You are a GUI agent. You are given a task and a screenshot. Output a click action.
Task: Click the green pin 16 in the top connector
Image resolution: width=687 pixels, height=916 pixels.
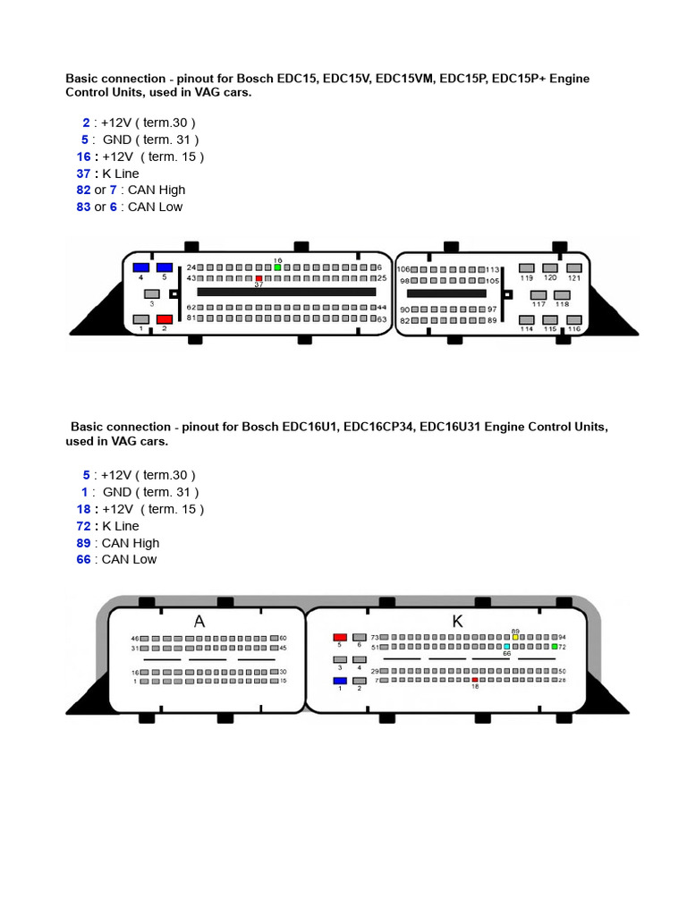pos(277,267)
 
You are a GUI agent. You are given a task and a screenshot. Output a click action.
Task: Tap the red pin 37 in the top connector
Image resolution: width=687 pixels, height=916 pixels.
pos(259,278)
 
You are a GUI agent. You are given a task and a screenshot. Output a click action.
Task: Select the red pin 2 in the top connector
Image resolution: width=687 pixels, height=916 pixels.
pos(165,319)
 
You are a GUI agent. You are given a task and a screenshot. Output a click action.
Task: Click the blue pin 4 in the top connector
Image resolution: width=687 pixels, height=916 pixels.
pos(140,267)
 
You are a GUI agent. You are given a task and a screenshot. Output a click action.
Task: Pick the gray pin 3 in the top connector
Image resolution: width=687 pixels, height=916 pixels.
pos(153,293)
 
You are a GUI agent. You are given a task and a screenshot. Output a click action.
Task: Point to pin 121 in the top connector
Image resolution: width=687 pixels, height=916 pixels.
pos(574,267)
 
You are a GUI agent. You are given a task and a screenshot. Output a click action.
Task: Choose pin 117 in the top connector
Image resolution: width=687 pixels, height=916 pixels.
pos(539,293)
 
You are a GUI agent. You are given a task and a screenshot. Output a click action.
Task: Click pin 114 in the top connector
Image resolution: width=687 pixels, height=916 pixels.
pos(528,318)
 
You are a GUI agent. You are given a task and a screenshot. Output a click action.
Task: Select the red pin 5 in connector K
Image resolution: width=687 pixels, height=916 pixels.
pos(340,637)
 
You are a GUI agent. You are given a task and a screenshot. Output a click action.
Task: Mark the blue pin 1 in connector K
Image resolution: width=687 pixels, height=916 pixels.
pos(340,681)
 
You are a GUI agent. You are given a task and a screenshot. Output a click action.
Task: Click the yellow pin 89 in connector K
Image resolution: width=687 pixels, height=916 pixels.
pos(516,637)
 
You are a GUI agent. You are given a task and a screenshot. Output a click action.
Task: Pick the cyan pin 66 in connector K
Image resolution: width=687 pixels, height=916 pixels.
pos(507,646)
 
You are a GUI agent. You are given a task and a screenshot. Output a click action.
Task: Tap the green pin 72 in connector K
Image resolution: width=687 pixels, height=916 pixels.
pos(555,646)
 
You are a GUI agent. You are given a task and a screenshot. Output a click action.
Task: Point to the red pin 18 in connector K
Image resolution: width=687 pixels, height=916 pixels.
pos(475,681)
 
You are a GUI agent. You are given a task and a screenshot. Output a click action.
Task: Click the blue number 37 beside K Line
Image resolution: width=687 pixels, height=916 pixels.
pos(83,173)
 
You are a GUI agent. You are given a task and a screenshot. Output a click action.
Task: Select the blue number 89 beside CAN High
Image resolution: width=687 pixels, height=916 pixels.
pos(83,543)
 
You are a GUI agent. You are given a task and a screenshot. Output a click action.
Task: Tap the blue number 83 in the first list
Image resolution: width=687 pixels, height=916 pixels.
pos(83,207)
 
